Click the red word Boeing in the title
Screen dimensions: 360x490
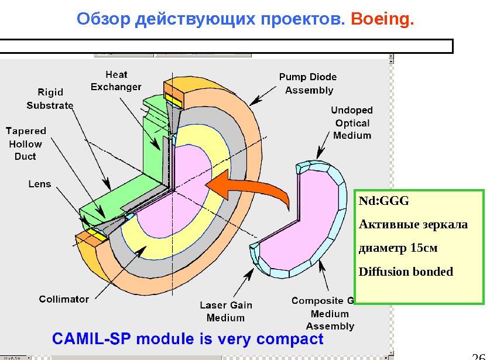[382, 20]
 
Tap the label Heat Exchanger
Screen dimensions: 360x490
[116, 81]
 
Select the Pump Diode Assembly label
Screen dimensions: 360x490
[307, 84]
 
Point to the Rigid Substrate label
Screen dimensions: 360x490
[50, 99]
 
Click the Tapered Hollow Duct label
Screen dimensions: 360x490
[26, 143]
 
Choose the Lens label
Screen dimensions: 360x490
[40, 184]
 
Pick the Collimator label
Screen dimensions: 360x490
[64, 299]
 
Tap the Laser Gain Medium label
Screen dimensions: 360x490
[226, 311]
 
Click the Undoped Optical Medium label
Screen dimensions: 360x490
[352, 123]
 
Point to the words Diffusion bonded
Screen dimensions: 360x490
[406, 272]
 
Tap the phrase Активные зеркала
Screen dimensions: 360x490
[413, 225]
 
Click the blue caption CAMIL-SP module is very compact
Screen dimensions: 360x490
[187, 339]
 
